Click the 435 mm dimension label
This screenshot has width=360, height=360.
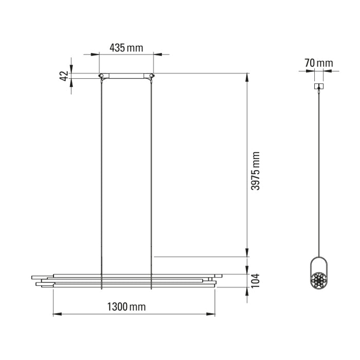tap(126, 48)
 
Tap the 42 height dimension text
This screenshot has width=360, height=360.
tap(64, 76)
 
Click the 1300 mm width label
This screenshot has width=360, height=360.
tap(126, 307)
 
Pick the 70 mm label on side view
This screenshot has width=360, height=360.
tap(318, 63)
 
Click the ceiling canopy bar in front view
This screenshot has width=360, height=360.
tap(127, 76)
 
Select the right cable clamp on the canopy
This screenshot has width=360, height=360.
tap(151, 77)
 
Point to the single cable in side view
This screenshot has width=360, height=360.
tap(319, 170)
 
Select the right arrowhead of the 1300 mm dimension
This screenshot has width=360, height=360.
tap(212, 313)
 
